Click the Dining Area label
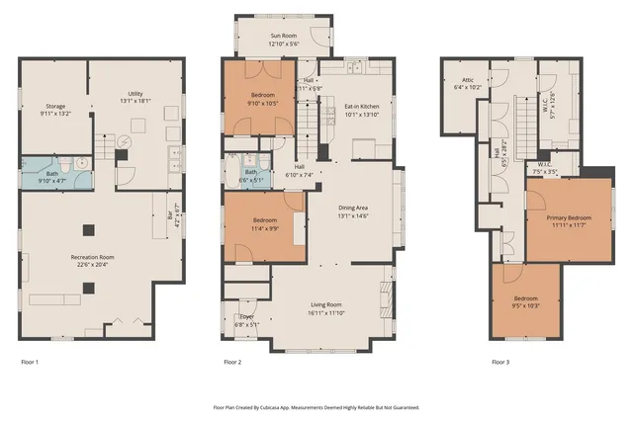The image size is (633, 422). [x=353, y=211]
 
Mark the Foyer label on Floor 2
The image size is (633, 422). [x=246, y=319]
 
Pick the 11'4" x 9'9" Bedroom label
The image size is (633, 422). [x=265, y=222]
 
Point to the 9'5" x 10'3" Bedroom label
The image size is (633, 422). [x=525, y=302]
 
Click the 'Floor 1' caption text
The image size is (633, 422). [x=30, y=363]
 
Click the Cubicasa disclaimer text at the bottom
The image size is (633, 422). [x=316, y=406]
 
